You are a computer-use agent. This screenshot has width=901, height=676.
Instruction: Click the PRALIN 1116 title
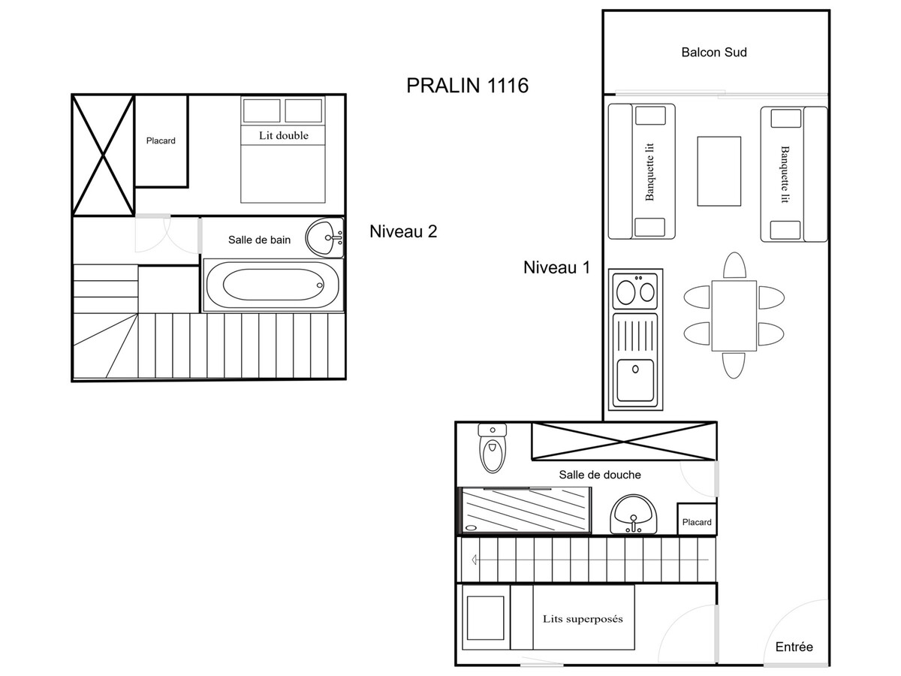click(467, 86)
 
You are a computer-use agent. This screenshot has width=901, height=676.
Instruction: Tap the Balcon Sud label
click(714, 52)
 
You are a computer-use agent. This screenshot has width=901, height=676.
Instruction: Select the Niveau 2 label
click(403, 231)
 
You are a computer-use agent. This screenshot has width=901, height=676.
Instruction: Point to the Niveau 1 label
click(556, 267)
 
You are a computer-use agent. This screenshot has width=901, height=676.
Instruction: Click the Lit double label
click(283, 135)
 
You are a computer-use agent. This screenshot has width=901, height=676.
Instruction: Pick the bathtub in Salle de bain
click(272, 285)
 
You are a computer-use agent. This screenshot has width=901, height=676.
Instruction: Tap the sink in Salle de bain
click(324, 237)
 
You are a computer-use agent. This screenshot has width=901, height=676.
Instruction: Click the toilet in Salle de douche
click(492, 448)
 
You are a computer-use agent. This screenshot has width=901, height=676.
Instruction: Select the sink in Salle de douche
click(633, 514)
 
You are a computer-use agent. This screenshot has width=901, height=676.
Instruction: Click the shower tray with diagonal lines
click(525, 510)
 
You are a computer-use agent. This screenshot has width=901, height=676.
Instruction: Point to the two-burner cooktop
click(635, 291)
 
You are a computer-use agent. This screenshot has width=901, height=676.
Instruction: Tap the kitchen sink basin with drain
click(635, 379)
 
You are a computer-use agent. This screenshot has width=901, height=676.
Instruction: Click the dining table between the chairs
click(734, 315)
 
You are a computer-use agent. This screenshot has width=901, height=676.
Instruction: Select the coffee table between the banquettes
click(719, 171)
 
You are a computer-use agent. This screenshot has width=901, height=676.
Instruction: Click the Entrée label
click(794, 647)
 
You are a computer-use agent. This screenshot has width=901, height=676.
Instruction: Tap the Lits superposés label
click(583, 618)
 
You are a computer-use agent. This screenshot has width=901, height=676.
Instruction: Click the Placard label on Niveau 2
click(161, 140)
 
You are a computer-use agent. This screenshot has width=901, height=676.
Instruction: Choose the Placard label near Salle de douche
click(697, 522)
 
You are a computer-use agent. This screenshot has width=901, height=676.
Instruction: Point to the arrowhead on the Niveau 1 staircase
click(474, 560)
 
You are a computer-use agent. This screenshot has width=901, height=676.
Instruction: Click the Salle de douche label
click(600, 475)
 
